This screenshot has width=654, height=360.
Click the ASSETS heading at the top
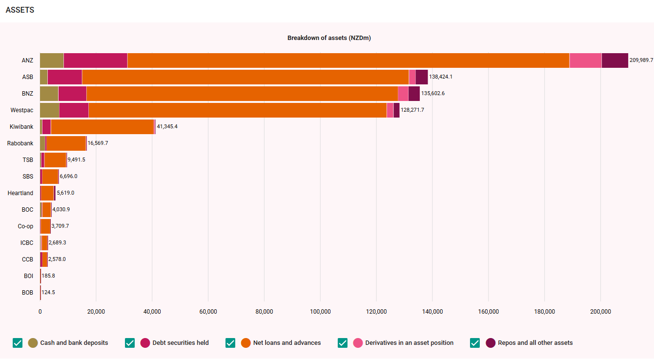[20, 10]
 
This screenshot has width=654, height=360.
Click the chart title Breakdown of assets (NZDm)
[329, 38]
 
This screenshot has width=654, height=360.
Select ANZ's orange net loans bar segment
[348, 60]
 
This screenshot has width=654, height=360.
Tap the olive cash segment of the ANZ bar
[52, 60]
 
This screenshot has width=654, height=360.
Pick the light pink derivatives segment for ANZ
[585, 60]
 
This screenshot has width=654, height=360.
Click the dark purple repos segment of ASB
[422, 77]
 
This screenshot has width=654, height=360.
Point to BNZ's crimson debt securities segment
[72, 94]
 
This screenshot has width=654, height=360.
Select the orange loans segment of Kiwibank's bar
[102, 127]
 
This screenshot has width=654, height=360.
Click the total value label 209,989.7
[641, 60]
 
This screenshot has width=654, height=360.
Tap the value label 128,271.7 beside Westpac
[412, 110]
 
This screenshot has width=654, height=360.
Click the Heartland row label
[20, 193]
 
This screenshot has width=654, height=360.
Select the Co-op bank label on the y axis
[25, 226]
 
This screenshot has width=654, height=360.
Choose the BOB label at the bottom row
[28, 293]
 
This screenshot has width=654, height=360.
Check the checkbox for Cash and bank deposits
[18, 343]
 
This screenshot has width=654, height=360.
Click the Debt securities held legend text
[181, 343]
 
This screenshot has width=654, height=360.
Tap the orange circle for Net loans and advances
[246, 343]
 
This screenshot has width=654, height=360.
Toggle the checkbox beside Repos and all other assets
[475, 343]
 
